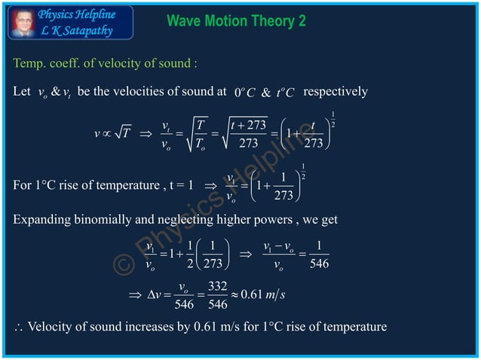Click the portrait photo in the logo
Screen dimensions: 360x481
tap(23, 23)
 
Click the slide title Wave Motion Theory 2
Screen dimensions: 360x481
tap(236, 21)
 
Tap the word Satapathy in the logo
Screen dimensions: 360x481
tap(84, 30)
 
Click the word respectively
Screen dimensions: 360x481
tap(335, 92)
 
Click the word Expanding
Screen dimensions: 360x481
tap(42, 219)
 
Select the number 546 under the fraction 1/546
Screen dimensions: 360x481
tap(319, 264)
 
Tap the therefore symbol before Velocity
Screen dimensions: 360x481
tap(17, 328)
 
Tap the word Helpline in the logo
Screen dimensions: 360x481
tap(101, 14)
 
